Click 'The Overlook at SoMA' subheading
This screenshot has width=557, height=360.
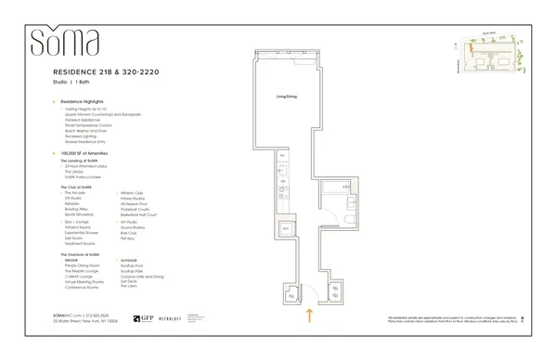(x=80, y=254)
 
